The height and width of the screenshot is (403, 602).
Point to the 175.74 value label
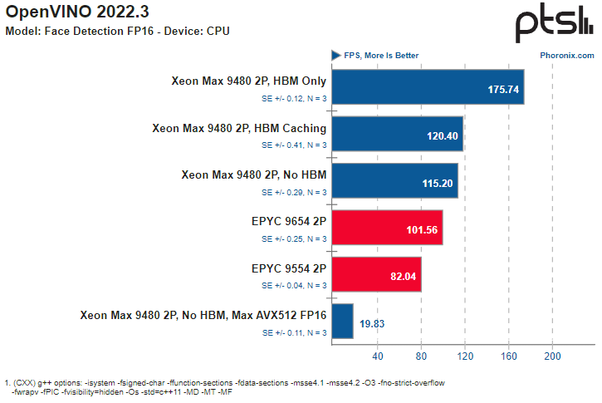[503, 89]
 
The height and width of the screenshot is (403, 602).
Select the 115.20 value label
[438, 183]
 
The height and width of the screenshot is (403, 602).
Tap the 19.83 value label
[373, 323]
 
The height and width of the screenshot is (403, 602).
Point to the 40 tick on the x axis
[378, 356]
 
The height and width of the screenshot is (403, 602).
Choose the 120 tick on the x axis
[465, 356]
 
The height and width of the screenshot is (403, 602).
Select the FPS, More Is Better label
[381, 56]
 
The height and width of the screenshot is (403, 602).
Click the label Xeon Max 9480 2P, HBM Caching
[239, 128]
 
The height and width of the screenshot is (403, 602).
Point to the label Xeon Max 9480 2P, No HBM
[253, 175]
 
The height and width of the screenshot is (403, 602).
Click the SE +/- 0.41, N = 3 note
[294, 145]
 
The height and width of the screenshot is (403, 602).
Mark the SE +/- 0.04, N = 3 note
[294, 285]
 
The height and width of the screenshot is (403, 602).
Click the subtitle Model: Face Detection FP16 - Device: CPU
[117, 31]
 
